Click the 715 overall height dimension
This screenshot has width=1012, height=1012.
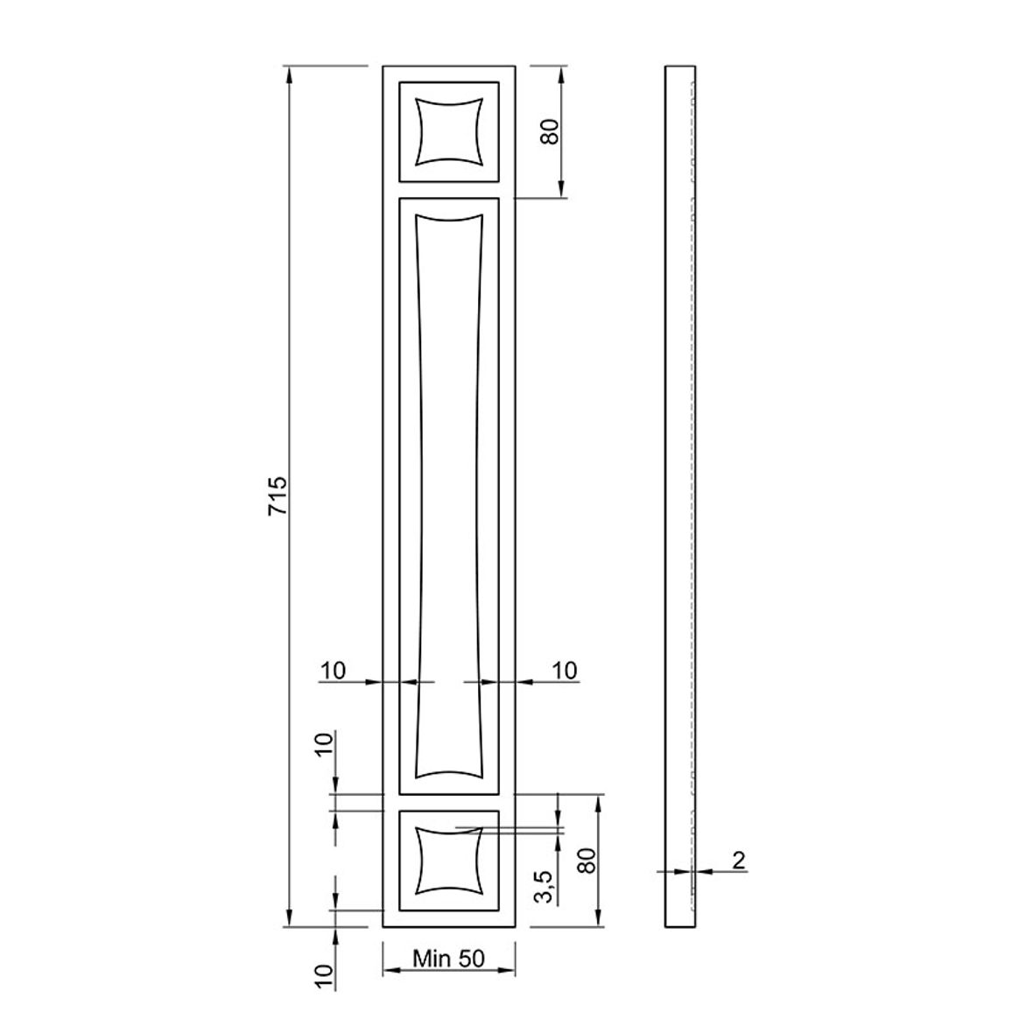point(278,495)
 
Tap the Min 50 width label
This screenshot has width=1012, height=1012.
point(448,959)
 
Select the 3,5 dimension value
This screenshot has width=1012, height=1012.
point(544,887)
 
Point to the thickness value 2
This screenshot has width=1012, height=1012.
point(739,860)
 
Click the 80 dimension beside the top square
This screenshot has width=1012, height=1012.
point(551,131)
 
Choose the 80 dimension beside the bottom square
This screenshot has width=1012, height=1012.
point(587,861)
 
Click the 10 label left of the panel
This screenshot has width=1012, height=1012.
point(333,671)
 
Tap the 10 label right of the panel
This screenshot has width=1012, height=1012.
point(564,671)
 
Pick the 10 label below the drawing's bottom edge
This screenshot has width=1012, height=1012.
point(325,976)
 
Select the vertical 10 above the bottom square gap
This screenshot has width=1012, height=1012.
point(325,744)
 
